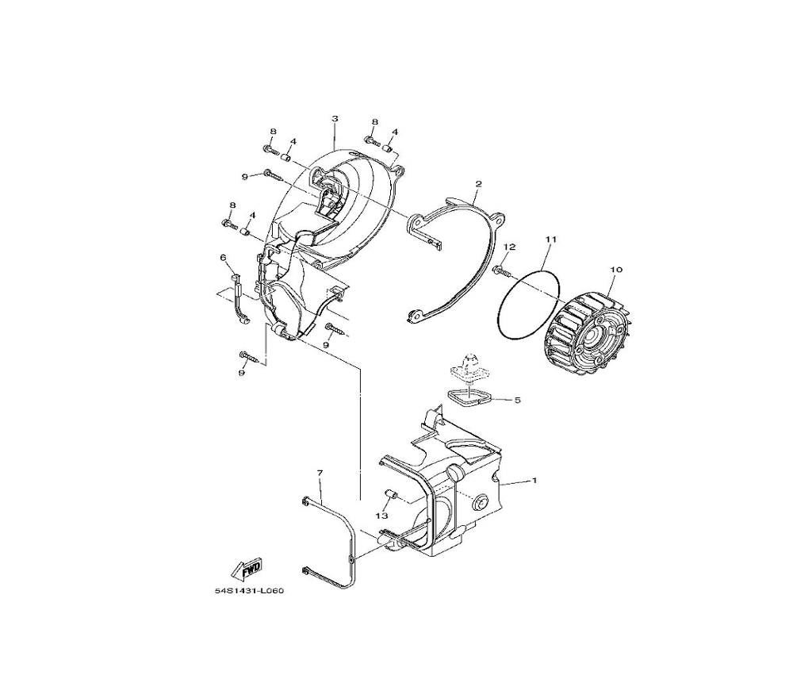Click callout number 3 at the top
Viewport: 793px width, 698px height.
point(335,118)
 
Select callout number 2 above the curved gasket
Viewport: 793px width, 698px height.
point(478,183)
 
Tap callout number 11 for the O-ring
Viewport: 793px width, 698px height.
point(551,239)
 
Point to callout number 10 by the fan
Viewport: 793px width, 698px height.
point(616,270)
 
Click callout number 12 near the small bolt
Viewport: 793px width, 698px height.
point(509,247)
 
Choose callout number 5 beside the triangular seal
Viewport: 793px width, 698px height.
point(517,400)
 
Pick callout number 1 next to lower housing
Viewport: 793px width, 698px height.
point(534,480)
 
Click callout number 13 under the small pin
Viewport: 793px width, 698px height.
point(381,516)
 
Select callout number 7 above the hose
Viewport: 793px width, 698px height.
point(320,473)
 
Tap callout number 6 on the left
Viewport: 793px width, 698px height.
point(223,258)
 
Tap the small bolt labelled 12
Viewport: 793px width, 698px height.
point(500,270)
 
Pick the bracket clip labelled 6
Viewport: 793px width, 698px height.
point(238,301)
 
